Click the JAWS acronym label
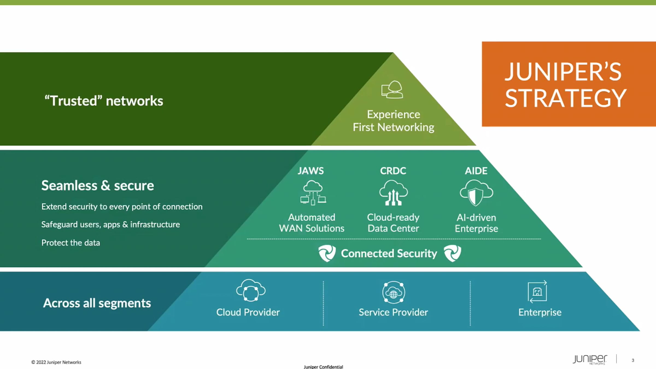point(311,171)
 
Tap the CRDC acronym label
point(393,171)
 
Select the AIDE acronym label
point(476,171)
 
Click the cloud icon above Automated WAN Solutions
point(313,192)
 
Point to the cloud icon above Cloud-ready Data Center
point(393,192)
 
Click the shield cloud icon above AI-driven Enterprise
point(476,193)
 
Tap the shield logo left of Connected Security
point(327,253)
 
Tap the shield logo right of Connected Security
point(452,253)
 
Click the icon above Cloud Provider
point(251,290)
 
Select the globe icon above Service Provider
point(394,292)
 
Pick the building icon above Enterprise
point(537,292)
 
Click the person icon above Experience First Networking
point(392,89)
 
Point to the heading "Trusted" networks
point(104,101)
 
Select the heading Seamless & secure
point(98,186)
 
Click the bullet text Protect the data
point(71,243)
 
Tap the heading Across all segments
point(97,303)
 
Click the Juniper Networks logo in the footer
point(590,359)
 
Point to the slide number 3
point(633,360)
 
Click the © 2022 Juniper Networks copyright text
point(56,362)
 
